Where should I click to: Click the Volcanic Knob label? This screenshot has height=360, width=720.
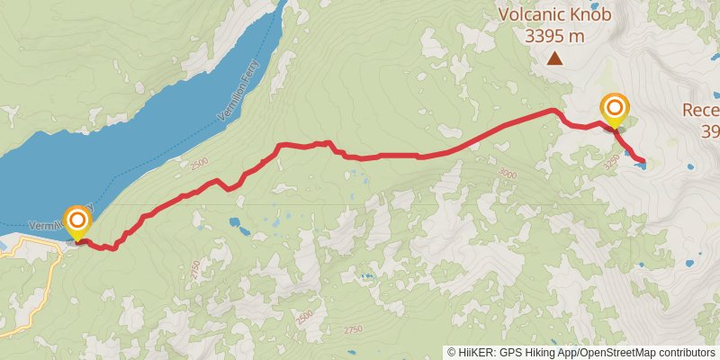point(555,14)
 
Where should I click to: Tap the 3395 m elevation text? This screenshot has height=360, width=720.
point(555,36)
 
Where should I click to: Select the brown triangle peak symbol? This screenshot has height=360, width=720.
point(555,59)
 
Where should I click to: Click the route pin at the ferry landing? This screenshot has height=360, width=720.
point(77,220)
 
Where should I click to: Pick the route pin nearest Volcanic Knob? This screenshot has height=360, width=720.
point(615,110)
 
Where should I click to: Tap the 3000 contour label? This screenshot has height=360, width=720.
point(508,174)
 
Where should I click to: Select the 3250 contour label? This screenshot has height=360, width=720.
point(611,165)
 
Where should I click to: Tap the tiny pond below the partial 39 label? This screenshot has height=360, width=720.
point(689,166)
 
